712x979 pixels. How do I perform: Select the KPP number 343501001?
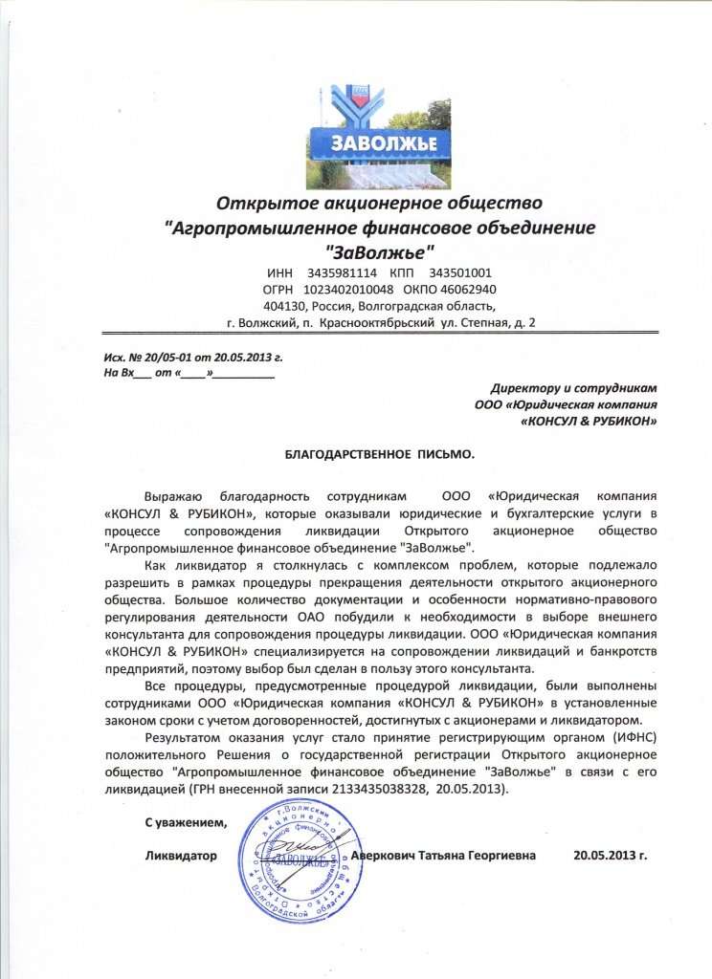tap(461, 272)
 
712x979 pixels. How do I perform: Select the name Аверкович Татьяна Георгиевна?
tap(444, 853)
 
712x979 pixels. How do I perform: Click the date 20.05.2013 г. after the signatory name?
tap(611, 853)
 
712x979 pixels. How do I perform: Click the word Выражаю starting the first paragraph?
tap(172, 497)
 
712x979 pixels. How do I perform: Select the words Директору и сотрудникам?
tap(574, 387)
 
